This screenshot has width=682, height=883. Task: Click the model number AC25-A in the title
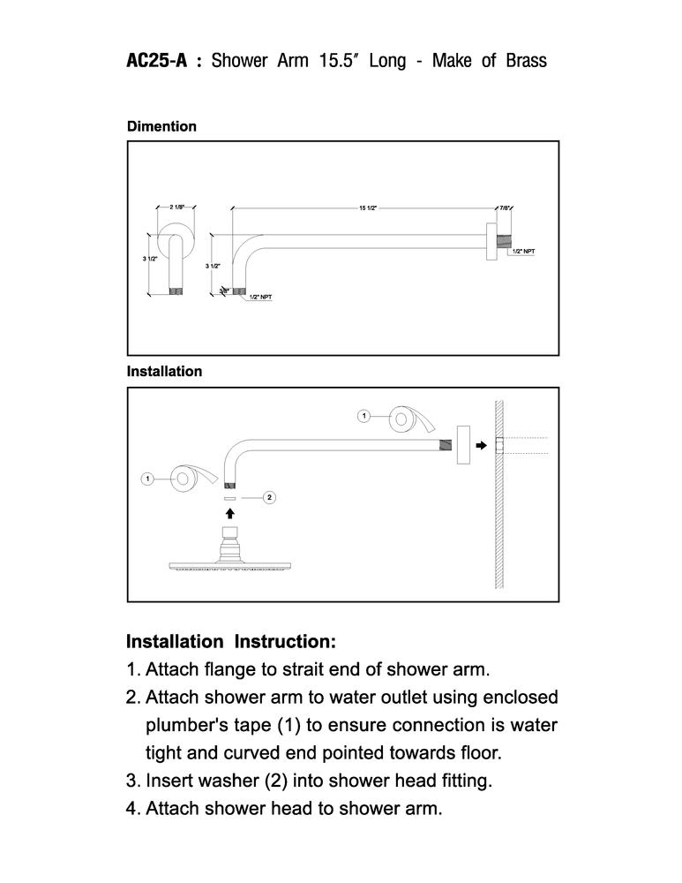[x=156, y=60]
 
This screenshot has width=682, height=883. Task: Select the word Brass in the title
[x=526, y=60]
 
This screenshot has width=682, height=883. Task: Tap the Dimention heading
[x=161, y=126]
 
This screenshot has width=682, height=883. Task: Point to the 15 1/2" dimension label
[x=368, y=208]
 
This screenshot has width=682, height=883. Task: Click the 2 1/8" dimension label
[x=176, y=207]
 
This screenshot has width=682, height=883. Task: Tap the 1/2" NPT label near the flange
[x=524, y=251]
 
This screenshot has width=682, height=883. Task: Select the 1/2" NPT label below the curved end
[x=260, y=297]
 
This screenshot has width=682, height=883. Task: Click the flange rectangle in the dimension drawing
[x=491, y=242]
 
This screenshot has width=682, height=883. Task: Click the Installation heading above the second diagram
[x=164, y=371]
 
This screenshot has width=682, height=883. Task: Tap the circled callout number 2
[x=270, y=497]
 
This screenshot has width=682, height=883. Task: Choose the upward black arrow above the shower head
[x=229, y=513]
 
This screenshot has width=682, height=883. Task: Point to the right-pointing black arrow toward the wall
[x=481, y=445]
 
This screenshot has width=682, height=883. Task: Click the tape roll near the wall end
[x=412, y=419]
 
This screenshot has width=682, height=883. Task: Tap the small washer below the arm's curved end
[x=229, y=498]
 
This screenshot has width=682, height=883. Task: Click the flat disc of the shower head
[x=230, y=566]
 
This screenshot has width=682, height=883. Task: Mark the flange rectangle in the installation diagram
[x=463, y=445]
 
